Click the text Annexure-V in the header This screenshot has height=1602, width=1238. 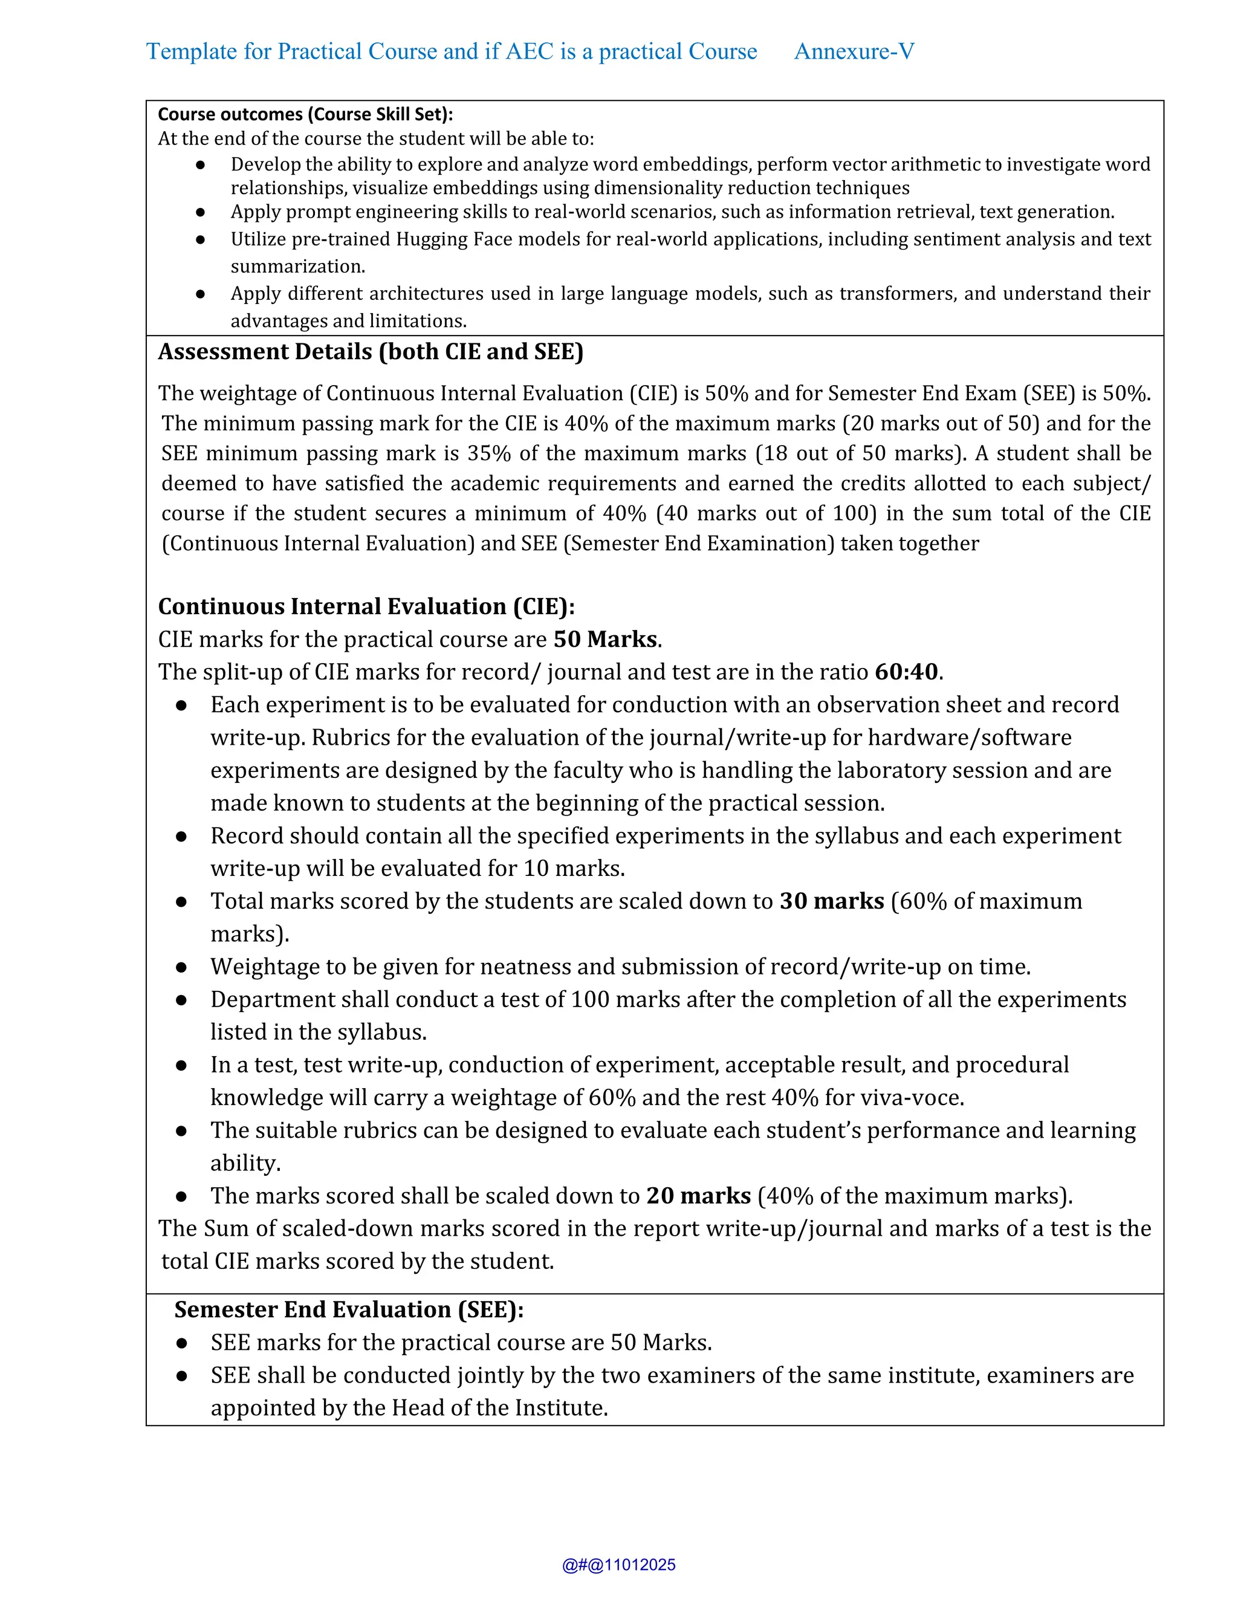(x=854, y=51)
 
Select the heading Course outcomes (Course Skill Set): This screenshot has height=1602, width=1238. (x=305, y=114)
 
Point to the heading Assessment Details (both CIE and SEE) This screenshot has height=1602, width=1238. (x=371, y=352)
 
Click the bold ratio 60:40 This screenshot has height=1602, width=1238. (x=907, y=672)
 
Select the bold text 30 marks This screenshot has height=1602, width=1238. (x=832, y=901)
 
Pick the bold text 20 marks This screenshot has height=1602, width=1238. (x=698, y=1196)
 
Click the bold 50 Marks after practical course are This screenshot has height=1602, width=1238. (x=605, y=640)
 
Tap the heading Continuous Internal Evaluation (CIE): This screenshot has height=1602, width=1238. (x=366, y=606)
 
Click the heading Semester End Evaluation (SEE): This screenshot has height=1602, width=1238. (x=349, y=1309)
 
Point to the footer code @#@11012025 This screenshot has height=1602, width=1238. (x=618, y=1565)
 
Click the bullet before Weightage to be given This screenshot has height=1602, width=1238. (x=181, y=967)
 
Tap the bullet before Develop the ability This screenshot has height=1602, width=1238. (x=200, y=165)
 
